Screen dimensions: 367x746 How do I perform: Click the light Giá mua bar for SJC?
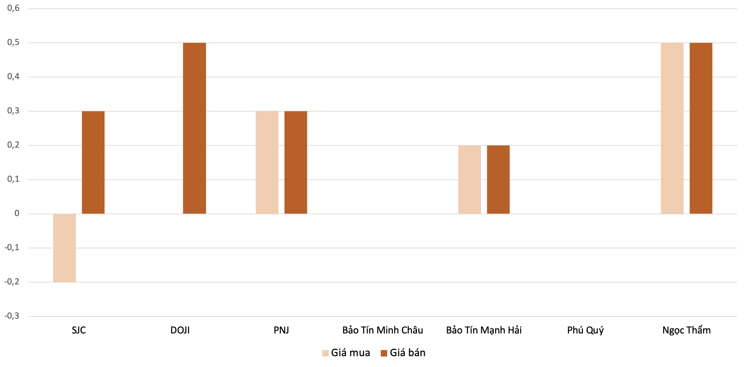(x=64, y=248)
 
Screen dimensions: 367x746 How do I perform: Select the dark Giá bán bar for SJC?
(x=93, y=163)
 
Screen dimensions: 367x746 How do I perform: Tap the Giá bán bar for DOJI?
(x=194, y=128)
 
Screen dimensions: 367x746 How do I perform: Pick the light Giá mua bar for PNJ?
(x=267, y=163)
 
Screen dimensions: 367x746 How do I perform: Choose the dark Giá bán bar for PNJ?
(x=296, y=163)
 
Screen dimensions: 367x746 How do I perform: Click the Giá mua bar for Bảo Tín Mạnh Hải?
(x=469, y=179)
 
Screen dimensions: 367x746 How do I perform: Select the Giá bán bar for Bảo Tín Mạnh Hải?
(x=498, y=179)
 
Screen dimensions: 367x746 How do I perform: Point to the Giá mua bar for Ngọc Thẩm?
(x=672, y=128)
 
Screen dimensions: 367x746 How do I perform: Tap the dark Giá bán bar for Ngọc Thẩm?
(x=701, y=128)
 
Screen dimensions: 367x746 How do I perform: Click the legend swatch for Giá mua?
(x=325, y=353)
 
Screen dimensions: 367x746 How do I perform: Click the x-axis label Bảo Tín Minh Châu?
(x=382, y=330)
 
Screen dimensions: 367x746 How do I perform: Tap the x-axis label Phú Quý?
(x=585, y=330)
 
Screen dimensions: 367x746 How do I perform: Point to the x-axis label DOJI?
(x=180, y=330)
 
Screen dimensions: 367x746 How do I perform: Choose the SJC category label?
(x=79, y=330)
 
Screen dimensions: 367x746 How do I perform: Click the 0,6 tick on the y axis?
(x=14, y=8)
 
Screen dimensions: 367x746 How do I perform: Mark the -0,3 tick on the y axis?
(x=12, y=316)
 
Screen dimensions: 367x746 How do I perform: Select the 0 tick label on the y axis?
(x=17, y=213)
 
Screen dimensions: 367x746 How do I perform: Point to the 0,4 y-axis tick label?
(x=14, y=77)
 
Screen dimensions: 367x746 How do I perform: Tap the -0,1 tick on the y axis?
(x=12, y=247)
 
